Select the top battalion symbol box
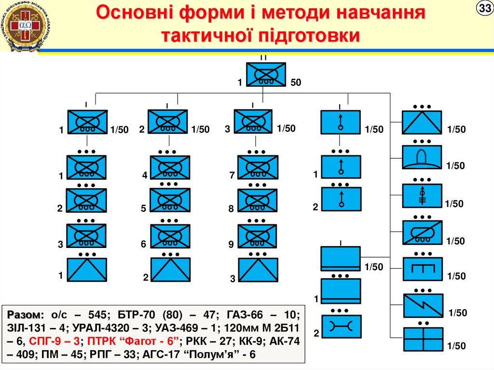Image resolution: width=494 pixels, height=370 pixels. coord(266,75)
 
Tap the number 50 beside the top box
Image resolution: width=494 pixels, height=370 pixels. coord(296,83)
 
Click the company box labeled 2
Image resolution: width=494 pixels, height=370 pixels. coord(167,122)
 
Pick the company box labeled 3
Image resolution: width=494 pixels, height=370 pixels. coord(253,121)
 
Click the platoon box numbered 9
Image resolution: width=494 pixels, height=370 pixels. coord(257,236)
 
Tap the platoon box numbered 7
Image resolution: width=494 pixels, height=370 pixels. coord(257,167)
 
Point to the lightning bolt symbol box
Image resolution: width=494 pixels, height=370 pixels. coord(423,305)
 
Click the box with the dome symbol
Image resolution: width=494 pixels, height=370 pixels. coord(423,157)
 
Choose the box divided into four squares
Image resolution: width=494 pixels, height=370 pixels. coord(423,340)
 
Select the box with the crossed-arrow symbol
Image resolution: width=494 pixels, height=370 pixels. coord(423,195)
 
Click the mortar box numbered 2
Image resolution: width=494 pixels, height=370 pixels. coord(341,199)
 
